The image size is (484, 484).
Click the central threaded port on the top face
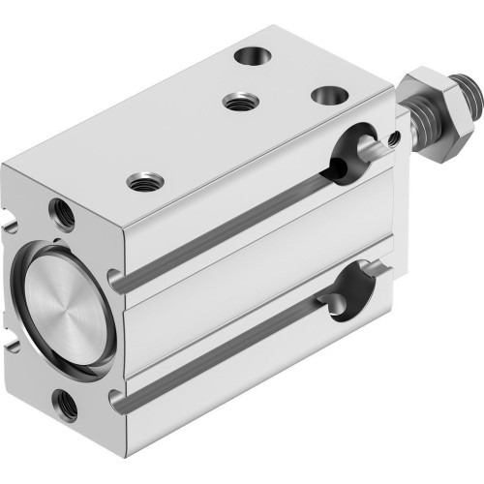coord(235,100)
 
